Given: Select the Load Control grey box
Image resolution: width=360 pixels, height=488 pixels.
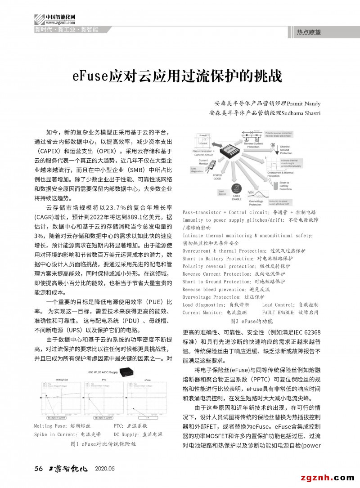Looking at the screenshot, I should tap(222, 193).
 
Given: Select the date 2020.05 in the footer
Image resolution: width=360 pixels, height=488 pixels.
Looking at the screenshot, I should tap(105, 469).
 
